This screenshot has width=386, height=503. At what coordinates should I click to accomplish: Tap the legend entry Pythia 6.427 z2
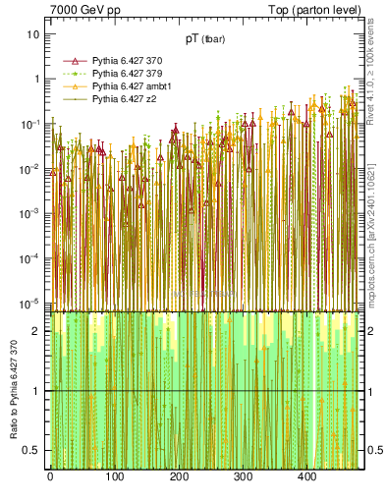click(118, 99)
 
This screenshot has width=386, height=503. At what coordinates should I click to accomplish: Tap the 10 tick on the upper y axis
click(32, 33)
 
